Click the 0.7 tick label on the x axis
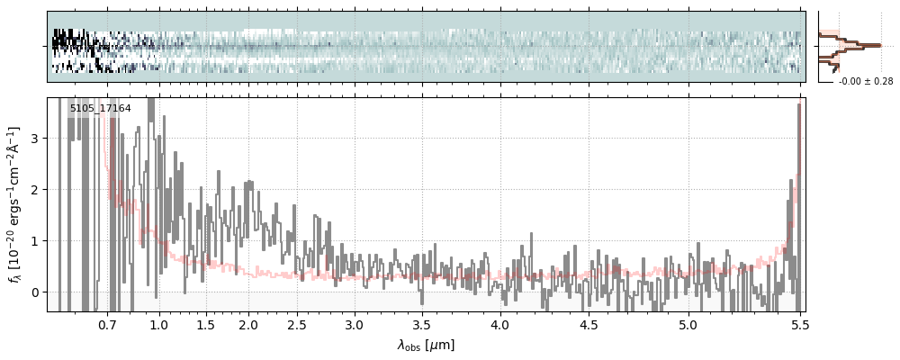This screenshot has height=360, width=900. click(107, 325)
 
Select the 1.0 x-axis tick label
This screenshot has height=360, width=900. click(158, 325)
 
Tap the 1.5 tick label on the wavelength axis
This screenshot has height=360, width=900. click(205, 325)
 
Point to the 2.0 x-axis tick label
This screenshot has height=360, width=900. click(248, 325)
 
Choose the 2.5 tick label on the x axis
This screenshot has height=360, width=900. click(297, 325)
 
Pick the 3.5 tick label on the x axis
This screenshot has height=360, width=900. click(421, 325)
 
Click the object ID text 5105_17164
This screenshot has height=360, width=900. click(100, 109)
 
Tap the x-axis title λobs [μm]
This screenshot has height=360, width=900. click(426, 345)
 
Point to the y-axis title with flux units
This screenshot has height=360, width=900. click(14, 204)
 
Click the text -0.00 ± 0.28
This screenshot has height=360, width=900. click(866, 82)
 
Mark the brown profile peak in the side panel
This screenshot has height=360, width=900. click(877, 44)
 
